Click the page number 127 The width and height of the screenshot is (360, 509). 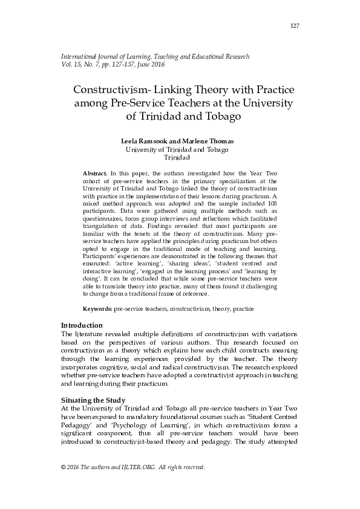(x=295, y=25)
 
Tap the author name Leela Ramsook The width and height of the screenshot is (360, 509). (x=146, y=140)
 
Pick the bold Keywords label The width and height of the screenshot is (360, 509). (x=97, y=308)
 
